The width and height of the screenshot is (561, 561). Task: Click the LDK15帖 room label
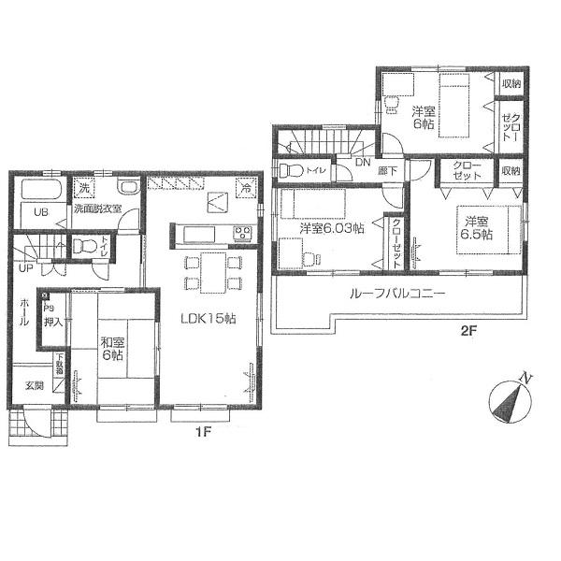point(209,318)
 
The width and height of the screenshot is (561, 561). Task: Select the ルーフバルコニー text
point(397,294)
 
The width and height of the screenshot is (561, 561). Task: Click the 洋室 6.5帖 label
point(475,227)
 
